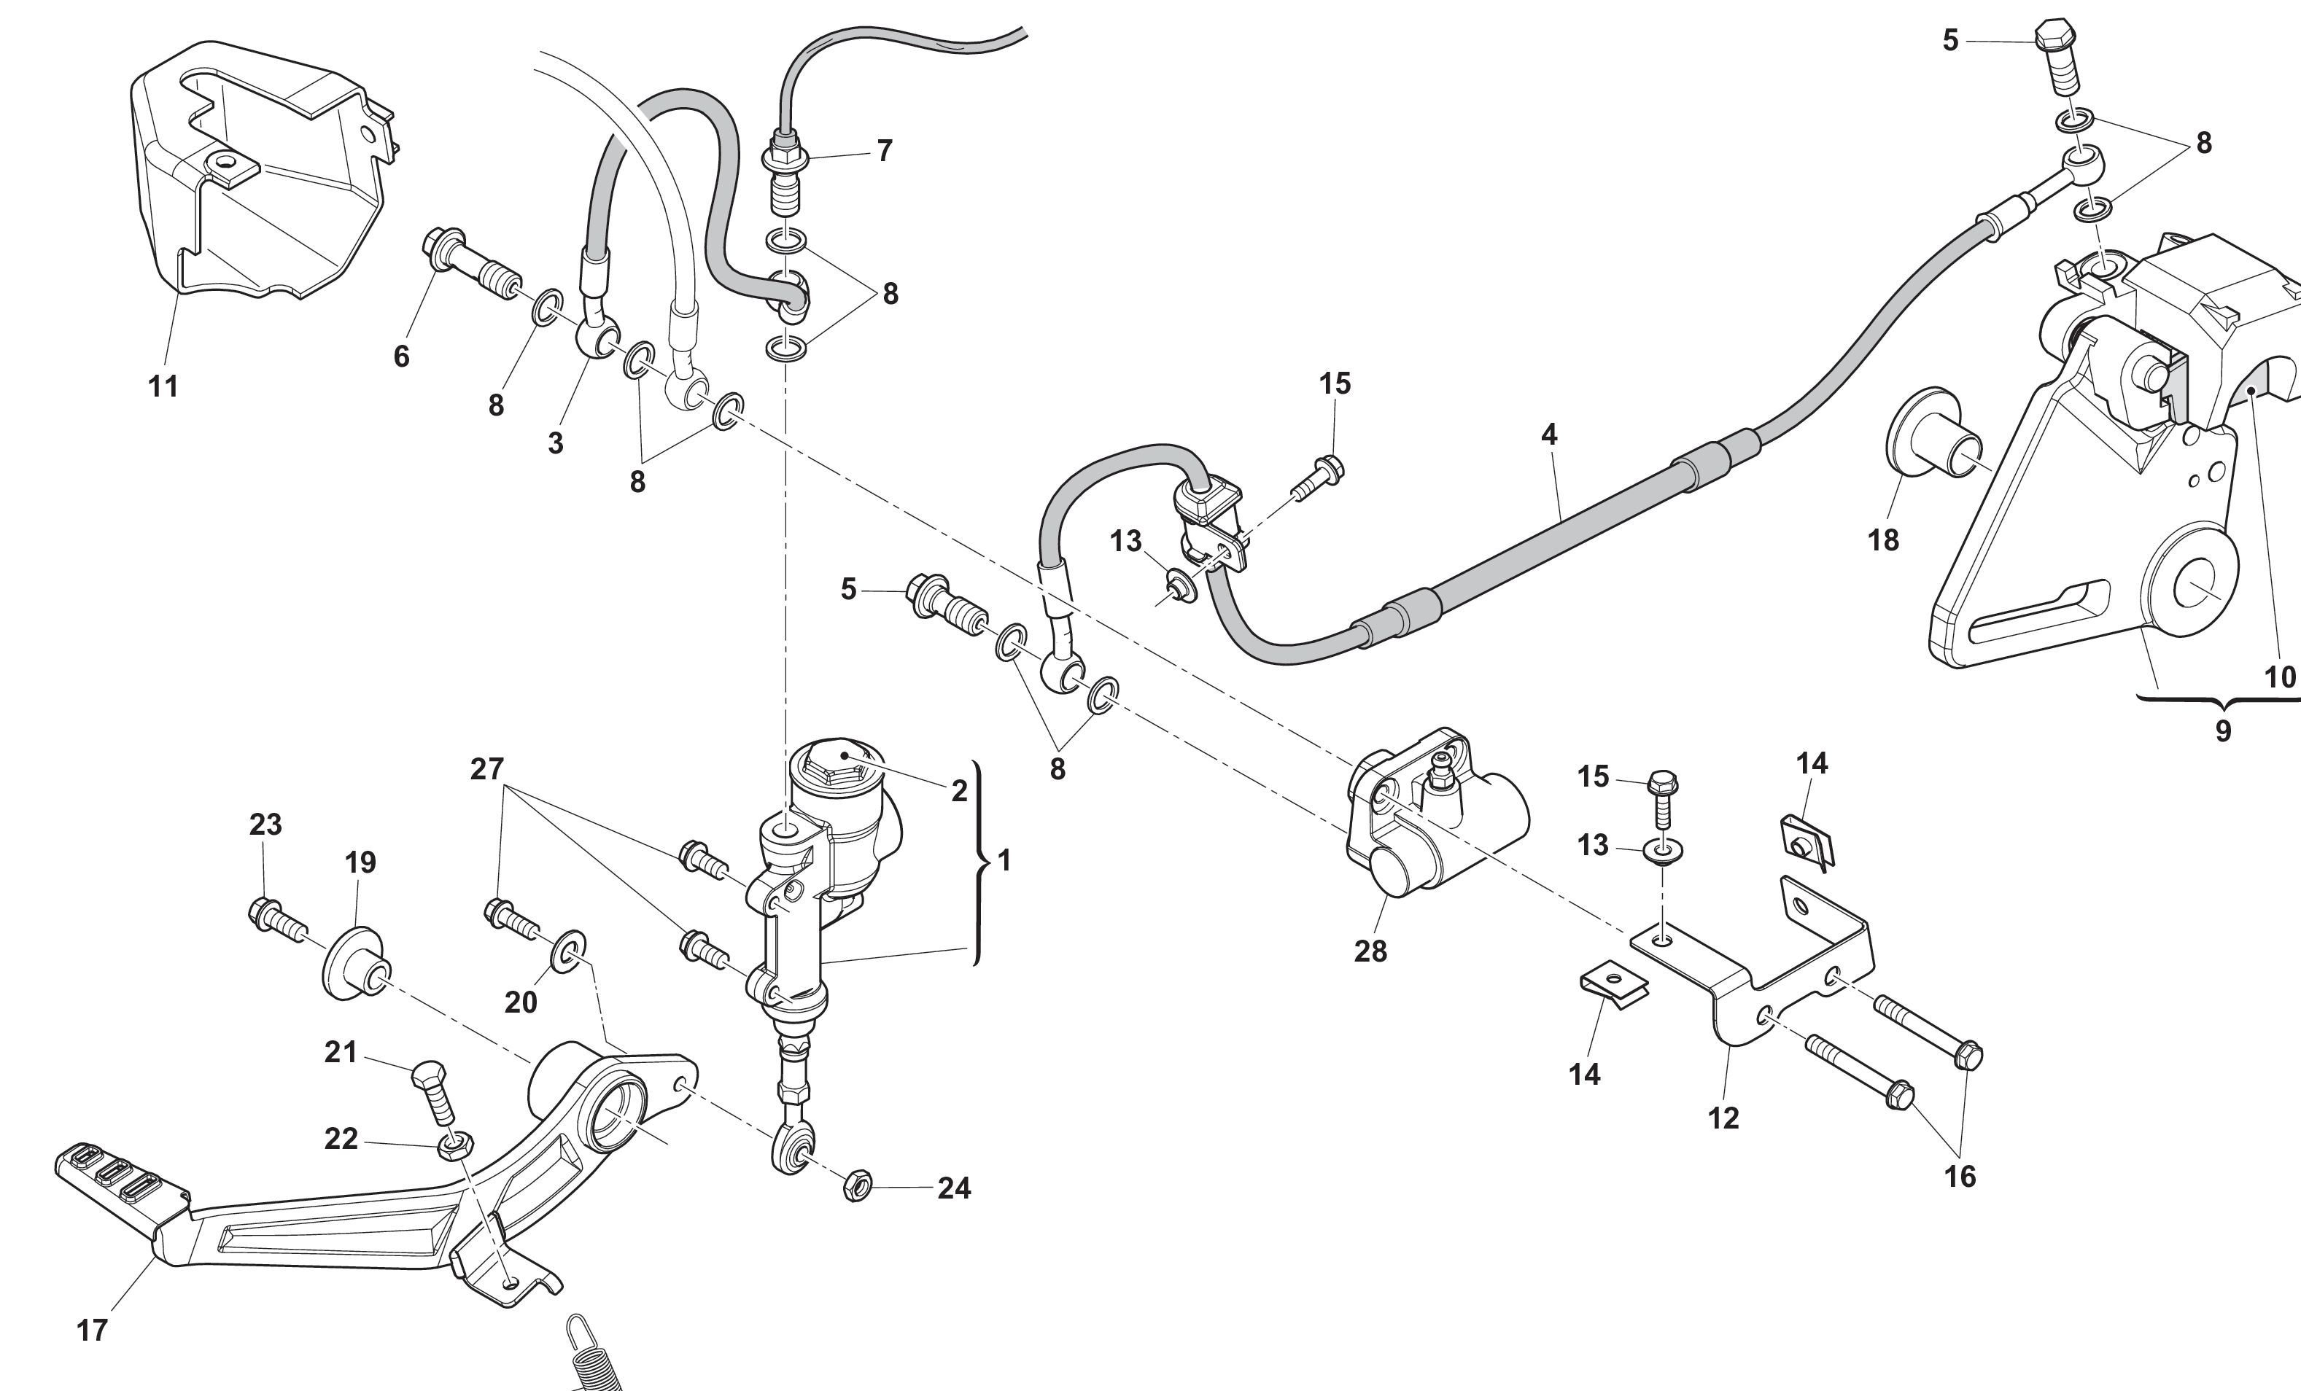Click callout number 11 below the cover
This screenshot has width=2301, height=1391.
163,386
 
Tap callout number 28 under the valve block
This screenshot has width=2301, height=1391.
1370,951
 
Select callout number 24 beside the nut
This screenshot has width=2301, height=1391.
953,1188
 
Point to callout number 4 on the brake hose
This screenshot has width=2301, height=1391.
1549,434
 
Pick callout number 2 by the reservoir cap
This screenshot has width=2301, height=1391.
959,791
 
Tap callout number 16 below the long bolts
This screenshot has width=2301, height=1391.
1960,1176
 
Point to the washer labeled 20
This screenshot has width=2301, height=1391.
570,949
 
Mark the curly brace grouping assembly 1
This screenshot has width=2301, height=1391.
979,862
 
